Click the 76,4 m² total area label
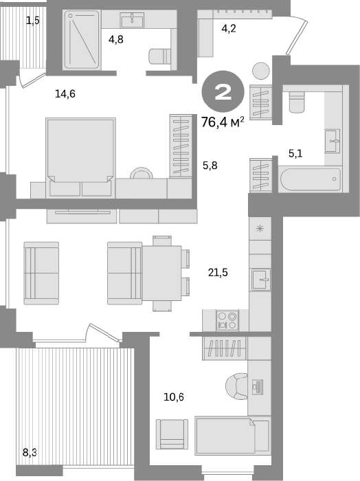[223, 122]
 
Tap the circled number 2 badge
[223, 91]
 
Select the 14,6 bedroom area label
[65, 94]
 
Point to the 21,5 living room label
[218, 272]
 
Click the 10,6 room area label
[174, 397]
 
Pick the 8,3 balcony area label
[30, 452]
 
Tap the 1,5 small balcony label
[32, 21]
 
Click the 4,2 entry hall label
[229, 29]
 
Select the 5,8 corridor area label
[210, 166]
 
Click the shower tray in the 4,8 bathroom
[82, 40]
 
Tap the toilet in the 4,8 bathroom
[160, 56]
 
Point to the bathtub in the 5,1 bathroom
[311, 179]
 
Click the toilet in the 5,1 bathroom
[297, 102]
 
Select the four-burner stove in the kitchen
[227, 320]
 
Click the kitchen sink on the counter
[261, 280]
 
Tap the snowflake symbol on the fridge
[260, 229]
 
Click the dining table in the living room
[161, 273]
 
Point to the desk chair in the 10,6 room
[237, 386]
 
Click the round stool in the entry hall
[261, 71]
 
